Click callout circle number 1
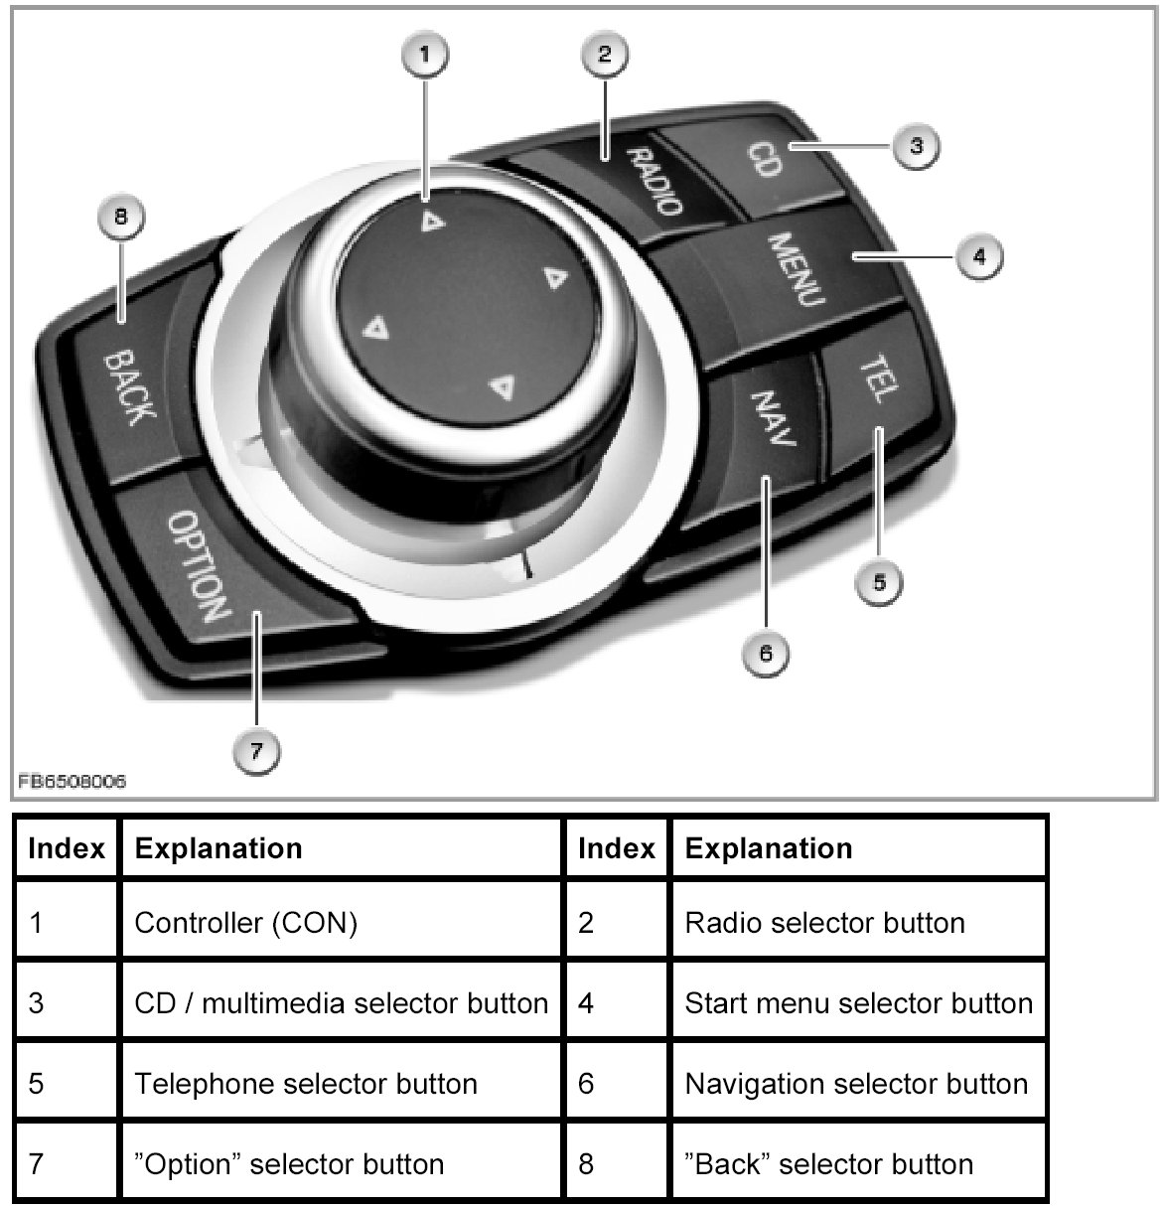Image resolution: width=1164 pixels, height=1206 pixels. [x=425, y=56]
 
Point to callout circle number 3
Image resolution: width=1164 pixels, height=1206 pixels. [x=915, y=146]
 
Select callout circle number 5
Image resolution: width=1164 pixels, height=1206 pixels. [x=879, y=581]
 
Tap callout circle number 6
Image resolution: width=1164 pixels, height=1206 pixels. [x=765, y=653]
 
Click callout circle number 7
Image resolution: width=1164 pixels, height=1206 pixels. [x=256, y=751]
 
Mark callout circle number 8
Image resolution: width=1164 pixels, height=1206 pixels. [x=121, y=217]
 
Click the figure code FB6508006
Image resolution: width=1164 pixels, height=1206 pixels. [x=71, y=782]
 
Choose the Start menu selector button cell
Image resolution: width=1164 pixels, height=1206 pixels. [x=858, y=1003]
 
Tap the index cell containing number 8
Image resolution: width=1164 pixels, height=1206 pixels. [x=616, y=1163]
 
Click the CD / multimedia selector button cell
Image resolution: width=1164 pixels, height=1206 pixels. [x=340, y=1003]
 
